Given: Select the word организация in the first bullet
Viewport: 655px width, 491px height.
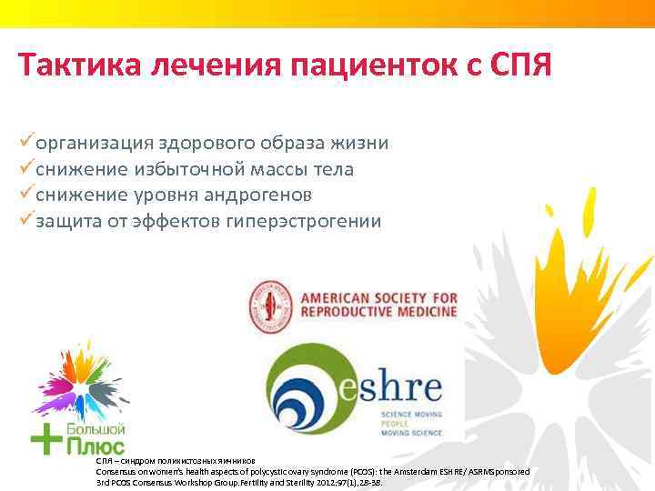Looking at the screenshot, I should [95, 144].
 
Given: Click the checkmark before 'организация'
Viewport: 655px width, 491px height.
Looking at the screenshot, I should [25, 143].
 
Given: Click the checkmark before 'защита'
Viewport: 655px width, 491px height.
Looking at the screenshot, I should [25, 220].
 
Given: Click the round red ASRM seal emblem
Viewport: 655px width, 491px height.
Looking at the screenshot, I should [269, 307].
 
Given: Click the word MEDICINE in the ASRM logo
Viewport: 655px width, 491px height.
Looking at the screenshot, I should [420, 313].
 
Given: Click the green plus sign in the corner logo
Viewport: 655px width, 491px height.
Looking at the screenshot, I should [45, 439].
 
